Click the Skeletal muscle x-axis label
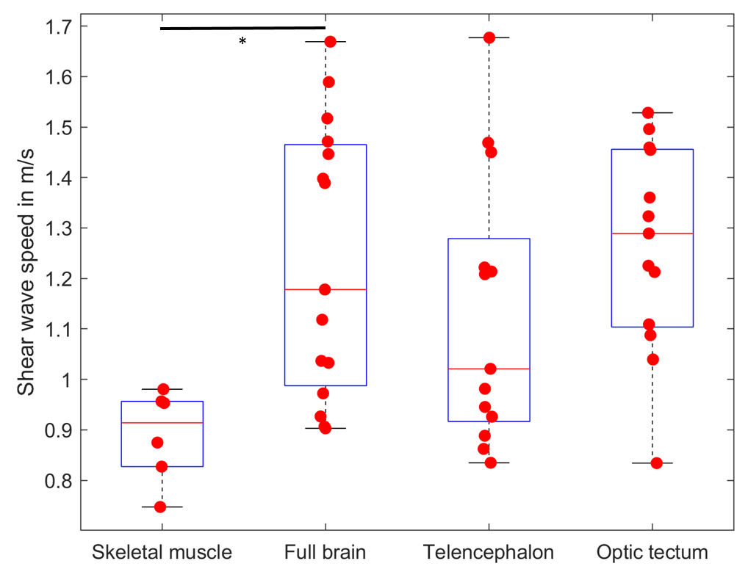point(162,552)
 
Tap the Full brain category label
point(325,552)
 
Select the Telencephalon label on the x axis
point(489,552)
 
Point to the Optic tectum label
point(652,552)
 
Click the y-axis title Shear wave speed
point(26,278)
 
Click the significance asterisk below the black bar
point(242,41)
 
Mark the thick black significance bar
point(242,28)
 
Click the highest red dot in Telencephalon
point(489,37)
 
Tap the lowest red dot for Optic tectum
point(657,463)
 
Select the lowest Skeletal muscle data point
point(159,507)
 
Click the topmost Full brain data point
point(330,42)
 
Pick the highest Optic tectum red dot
point(648,113)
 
